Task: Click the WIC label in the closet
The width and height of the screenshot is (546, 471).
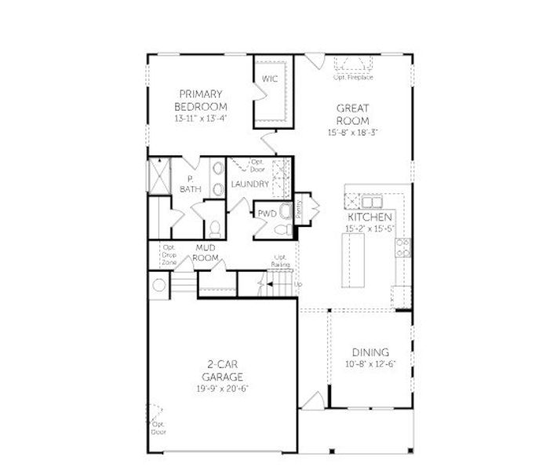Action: tap(269, 79)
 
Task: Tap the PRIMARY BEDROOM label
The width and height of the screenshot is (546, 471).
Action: tap(201, 100)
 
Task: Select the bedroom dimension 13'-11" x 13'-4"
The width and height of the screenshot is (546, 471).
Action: tap(201, 119)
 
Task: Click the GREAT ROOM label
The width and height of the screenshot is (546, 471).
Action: tap(353, 115)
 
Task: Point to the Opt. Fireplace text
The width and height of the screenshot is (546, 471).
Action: tap(353, 77)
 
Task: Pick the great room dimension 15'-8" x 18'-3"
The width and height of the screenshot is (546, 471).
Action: tap(353, 133)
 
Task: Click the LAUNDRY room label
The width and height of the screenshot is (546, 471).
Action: tap(250, 184)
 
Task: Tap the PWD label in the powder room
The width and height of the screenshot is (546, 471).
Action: tap(266, 213)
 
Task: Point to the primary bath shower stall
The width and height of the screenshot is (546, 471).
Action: tap(160, 176)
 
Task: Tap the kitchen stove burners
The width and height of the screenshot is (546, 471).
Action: tap(402, 249)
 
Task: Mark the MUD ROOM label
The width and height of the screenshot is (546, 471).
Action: tap(205, 253)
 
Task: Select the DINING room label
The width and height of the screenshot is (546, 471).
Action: tap(370, 352)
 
